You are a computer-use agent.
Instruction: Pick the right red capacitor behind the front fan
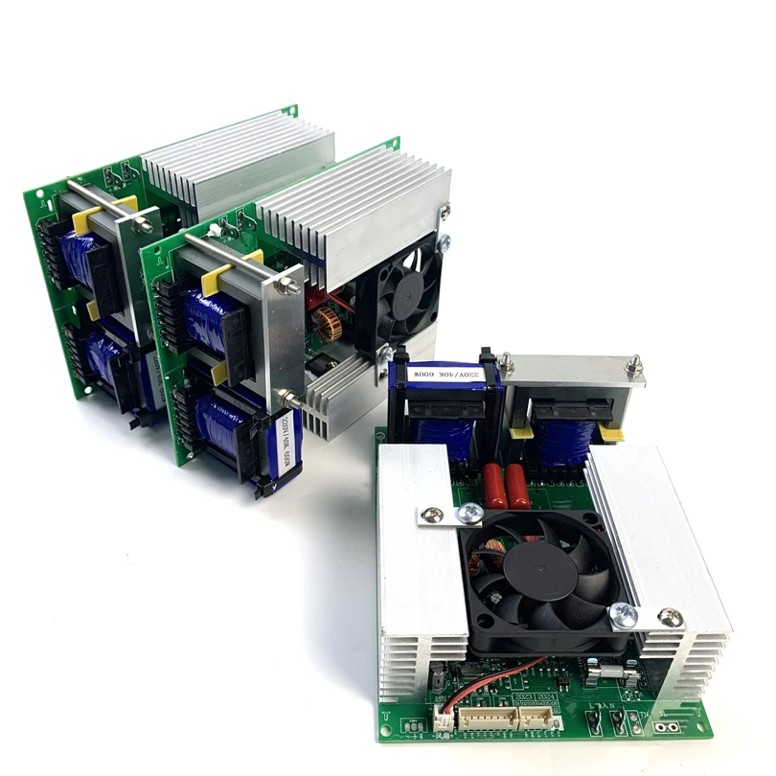pos(518,487)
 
